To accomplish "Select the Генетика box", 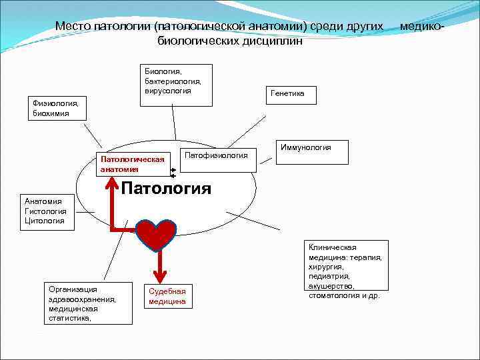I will click(x=288, y=95).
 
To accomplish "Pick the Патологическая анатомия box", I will click(x=132, y=164).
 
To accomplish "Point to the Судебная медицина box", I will click(x=167, y=296).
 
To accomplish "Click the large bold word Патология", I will click(x=166, y=188).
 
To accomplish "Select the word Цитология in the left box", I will click(x=45, y=221).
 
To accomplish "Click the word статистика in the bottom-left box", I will click(x=68, y=318).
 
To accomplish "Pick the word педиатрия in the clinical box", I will click(x=329, y=276).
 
